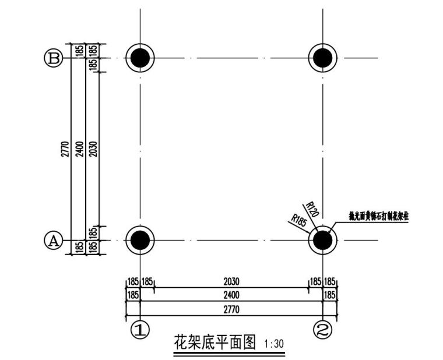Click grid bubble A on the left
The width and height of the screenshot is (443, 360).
click(53, 240)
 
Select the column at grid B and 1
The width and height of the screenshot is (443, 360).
click(140, 58)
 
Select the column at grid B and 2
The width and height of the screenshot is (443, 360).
click(322, 58)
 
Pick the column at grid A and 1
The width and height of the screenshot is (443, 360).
click(140, 239)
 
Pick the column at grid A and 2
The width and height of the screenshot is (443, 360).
click(322, 239)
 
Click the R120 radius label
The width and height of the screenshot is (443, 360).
click(312, 210)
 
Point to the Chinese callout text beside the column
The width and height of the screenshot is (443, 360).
click(378, 215)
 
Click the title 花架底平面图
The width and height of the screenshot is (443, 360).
click(215, 342)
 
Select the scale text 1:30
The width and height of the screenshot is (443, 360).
click(274, 344)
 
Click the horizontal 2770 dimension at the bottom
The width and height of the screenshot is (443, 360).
click(231, 309)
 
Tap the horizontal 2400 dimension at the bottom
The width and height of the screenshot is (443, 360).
click(231, 295)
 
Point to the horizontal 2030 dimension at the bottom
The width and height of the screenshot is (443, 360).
click(231, 282)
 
